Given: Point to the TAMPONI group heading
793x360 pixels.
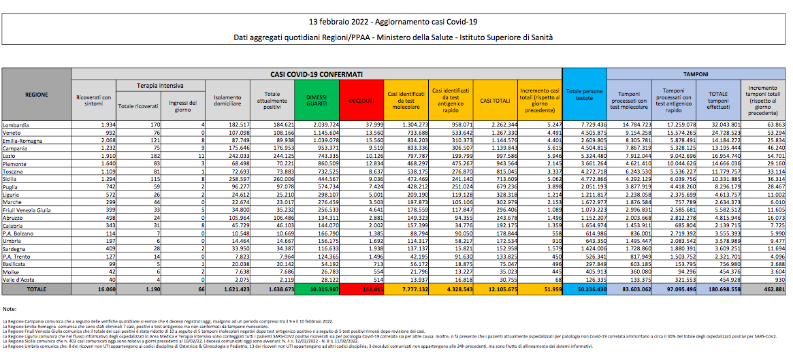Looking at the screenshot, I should tap(696, 73).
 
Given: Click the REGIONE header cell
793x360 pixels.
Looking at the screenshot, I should tap(36, 95).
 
